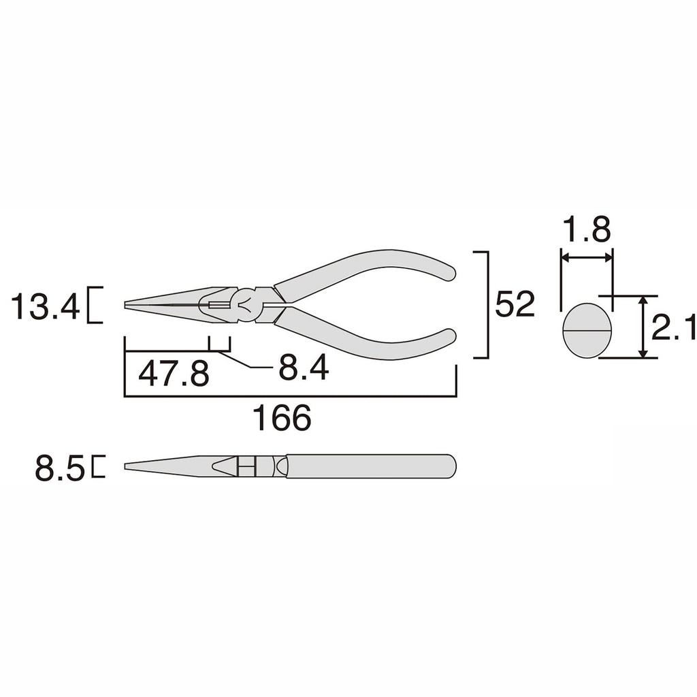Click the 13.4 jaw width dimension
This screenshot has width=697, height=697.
tap(45, 308)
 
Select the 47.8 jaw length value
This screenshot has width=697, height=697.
tap(174, 374)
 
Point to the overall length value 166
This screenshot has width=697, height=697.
tap(282, 417)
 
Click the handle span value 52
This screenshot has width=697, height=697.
tap(515, 304)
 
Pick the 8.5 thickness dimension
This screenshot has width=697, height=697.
tap(60, 469)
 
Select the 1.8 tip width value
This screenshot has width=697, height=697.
tap(586, 231)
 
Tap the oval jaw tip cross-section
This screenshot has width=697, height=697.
tap(587, 330)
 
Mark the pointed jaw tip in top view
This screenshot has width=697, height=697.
tap(129, 304)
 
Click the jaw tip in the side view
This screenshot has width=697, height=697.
tap(129, 466)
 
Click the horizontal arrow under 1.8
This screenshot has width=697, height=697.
tap(586, 258)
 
